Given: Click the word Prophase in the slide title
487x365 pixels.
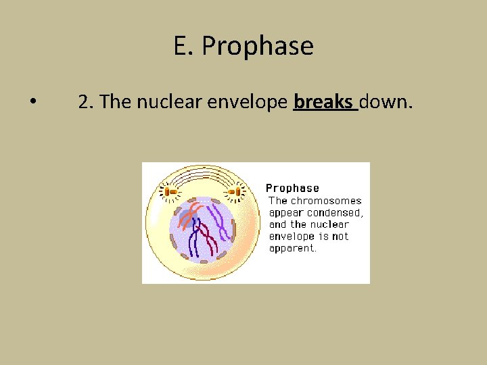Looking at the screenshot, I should tap(257, 47).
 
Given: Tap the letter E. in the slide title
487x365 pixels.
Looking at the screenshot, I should tap(184, 47).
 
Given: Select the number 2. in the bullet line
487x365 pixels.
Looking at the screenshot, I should tap(85, 102).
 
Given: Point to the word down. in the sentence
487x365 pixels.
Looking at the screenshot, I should tap(386, 102).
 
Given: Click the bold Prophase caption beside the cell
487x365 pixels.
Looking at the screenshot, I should tap(292, 188).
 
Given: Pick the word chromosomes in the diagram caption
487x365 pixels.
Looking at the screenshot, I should tap(326, 201).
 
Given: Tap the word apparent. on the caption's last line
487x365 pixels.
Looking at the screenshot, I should tap(292, 248).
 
